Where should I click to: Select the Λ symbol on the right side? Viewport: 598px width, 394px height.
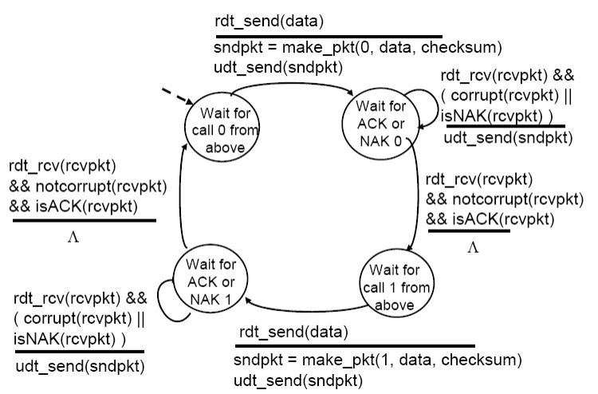(472, 249)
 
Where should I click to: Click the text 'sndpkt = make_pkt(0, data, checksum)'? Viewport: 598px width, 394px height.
(358, 47)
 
